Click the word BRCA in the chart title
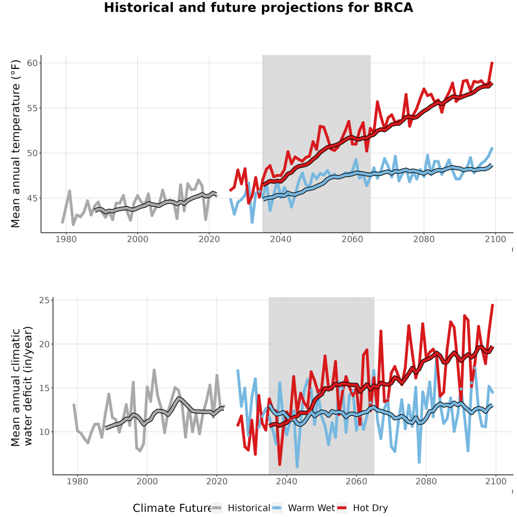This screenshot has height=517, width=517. coord(393,7)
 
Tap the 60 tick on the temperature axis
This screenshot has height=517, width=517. coord(33,63)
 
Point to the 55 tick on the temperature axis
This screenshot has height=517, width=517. coord(33,108)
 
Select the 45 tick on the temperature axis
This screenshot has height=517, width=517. coord(33,198)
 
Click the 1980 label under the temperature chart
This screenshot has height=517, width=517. coord(66,239)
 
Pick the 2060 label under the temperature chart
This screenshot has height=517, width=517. coord(352,239)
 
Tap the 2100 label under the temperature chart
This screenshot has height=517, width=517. coord(495,239)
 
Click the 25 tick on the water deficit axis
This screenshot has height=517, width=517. coord(44,300)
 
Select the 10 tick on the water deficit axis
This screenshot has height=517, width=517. coord(44,431)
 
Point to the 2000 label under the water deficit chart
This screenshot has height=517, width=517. coord(147,481)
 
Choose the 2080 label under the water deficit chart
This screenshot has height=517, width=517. coord(426,481)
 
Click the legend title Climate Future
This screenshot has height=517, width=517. coord(172,508)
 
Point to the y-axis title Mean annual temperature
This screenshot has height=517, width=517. coord(16,144)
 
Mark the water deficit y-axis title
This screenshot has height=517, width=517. coord(22,386)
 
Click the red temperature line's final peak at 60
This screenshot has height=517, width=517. coord(492,63)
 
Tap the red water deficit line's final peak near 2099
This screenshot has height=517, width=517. coord(493,306)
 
